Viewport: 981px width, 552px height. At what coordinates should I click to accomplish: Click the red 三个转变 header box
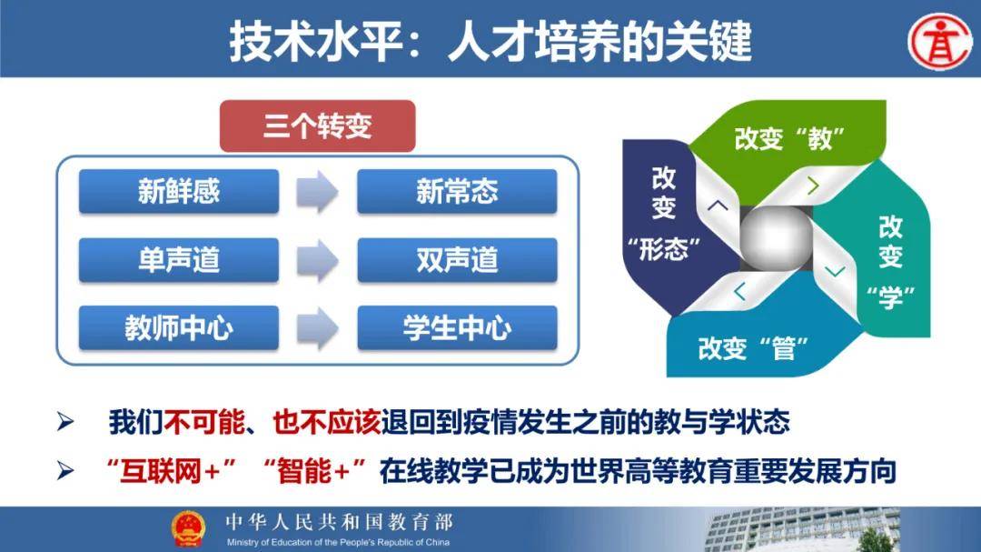pos(317,125)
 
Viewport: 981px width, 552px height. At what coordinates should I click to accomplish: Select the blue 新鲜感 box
pos(179,191)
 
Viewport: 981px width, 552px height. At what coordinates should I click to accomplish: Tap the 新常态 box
pos(457,191)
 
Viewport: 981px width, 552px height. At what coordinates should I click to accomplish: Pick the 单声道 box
pos(179,259)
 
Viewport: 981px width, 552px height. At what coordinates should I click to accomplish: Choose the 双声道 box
pos(457,259)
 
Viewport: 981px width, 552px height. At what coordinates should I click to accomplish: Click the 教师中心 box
pos(179,327)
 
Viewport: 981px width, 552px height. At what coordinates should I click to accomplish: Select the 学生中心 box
pos(457,327)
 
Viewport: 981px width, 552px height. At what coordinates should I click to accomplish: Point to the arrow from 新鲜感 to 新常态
pos(317,191)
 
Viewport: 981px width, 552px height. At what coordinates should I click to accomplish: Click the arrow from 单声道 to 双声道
pos(317,259)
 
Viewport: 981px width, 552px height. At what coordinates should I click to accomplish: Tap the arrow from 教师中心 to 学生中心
pos(317,327)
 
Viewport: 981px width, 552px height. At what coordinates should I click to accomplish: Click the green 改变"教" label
pos(789,138)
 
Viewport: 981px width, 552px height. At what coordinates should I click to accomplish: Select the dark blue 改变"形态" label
pos(664,213)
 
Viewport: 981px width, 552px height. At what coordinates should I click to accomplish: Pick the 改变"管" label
pos(753,348)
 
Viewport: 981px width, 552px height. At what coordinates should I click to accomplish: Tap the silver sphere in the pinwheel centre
pos(776,237)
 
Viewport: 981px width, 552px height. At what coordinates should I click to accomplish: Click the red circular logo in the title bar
pos(940,41)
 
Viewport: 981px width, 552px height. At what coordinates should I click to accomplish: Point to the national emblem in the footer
pos(188,529)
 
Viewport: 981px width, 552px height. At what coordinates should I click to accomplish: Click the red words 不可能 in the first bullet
pos(204,422)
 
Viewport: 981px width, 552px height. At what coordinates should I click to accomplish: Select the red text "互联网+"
pos(170,470)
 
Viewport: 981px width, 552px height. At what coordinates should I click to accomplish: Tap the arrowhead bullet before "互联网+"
pos(65,470)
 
